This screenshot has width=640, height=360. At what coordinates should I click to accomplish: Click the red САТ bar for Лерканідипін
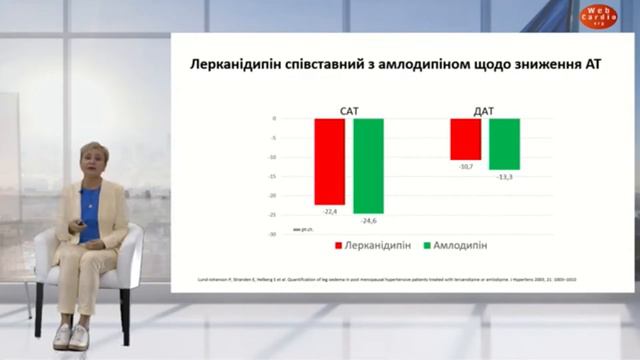point(329,161)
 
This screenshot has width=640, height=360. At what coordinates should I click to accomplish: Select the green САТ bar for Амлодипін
point(368,165)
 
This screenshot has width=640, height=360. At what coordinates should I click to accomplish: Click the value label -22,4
point(328,211)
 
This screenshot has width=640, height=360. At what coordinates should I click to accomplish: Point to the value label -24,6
point(368,220)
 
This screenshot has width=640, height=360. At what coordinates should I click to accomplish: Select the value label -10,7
point(465,166)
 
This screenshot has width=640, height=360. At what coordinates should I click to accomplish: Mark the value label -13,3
point(504,176)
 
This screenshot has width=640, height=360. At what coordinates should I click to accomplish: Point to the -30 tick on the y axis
point(272,234)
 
